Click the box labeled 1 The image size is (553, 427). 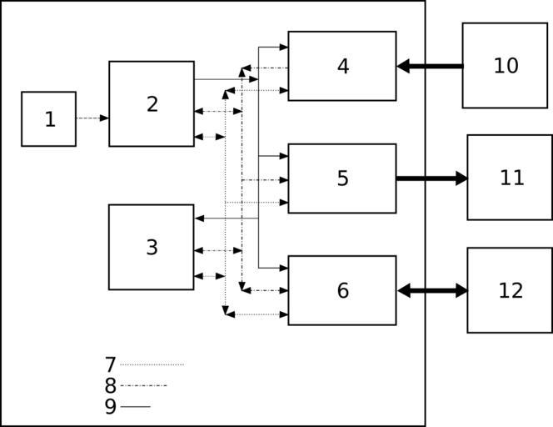click(48, 118)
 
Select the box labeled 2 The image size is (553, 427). click(151, 103)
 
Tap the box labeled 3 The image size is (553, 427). click(151, 247)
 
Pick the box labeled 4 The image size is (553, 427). click(341, 66)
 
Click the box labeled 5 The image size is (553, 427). click(341, 178)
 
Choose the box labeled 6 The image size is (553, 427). click(341, 290)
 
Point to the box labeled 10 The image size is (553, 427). click(505, 65)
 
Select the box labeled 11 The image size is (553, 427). click(510, 177)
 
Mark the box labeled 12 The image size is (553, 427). click(509, 289)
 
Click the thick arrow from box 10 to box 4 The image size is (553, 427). click(430, 66)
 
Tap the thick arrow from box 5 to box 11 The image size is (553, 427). click(431, 178)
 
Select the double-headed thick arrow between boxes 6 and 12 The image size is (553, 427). click(432, 290)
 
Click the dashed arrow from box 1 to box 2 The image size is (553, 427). click(92, 118)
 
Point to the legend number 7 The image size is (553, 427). click(110, 364)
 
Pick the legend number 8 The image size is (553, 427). click(110, 385)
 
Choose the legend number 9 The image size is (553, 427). click(110, 406)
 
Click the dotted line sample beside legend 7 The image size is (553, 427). click(152, 364)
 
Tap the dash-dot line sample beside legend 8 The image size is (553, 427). click(143, 385)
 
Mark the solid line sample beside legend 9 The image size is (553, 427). click(135, 406)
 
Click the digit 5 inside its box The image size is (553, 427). click(342, 178)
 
